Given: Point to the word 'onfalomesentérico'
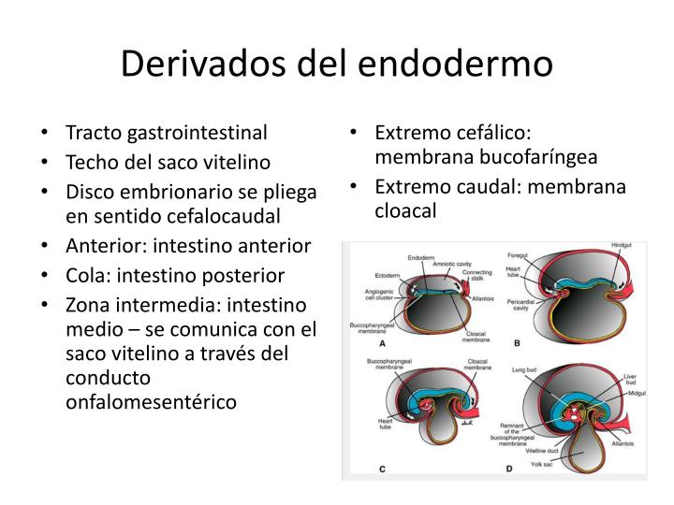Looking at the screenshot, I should (x=152, y=401).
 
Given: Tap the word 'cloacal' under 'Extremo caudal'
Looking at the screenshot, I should (x=405, y=210).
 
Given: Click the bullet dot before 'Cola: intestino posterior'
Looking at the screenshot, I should (x=47, y=278).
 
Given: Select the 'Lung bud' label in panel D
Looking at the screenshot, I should (x=524, y=370).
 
